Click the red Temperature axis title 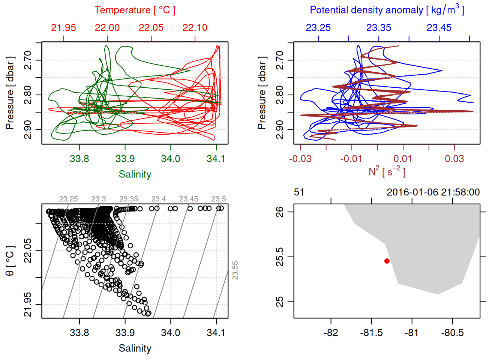pyautogui.click(x=135, y=10)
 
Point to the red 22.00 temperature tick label pyautogui.click(x=107, y=28)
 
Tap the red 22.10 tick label pyautogui.click(x=195, y=28)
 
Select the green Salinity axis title pyautogui.click(x=135, y=174)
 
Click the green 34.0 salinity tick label pyautogui.click(x=171, y=159)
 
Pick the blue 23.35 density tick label pyautogui.click(x=379, y=28)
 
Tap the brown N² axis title pyautogui.click(x=387, y=172)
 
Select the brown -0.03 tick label pyautogui.click(x=300, y=159)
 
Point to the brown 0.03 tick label pyautogui.click(x=454, y=159)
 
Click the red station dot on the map pyautogui.click(x=387, y=261)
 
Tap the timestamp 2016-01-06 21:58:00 pyautogui.click(x=433, y=192)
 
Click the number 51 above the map pyautogui.click(x=299, y=192)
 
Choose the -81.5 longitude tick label pyautogui.click(x=371, y=333)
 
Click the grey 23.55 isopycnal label pyautogui.click(x=235, y=270)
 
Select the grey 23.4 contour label pyautogui.click(x=159, y=199)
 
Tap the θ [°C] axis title pyautogui.click(x=10, y=261)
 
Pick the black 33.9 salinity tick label pyautogui.click(x=125, y=333)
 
